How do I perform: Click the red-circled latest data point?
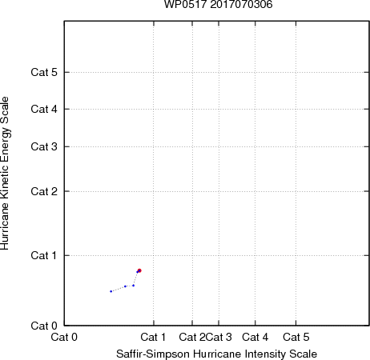(x=139, y=270)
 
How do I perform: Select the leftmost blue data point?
(x=111, y=291)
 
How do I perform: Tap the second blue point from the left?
(x=125, y=286)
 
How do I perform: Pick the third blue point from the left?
(x=134, y=286)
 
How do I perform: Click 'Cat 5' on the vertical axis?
(x=44, y=72)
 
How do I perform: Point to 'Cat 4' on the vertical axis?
(x=44, y=109)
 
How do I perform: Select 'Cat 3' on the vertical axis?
(x=44, y=146)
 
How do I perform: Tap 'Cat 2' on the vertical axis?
(x=44, y=191)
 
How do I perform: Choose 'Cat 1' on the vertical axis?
(x=44, y=255)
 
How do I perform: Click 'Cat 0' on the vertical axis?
(x=44, y=326)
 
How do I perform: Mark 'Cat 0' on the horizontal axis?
(x=64, y=337)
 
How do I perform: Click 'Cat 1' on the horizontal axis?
(x=153, y=337)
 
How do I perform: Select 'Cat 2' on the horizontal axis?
(x=192, y=337)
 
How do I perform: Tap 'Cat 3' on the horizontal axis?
(x=219, y=337)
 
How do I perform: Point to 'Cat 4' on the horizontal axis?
(x=255, y=337)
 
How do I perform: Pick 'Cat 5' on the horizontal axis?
(x=296, y=337)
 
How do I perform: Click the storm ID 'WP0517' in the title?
(x=186, y=4)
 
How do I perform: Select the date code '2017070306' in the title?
(x=241, y=4)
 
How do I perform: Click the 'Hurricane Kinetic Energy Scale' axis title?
(x=5, y=174)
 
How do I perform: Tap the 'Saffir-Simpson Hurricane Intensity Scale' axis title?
(x=217, y=354)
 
